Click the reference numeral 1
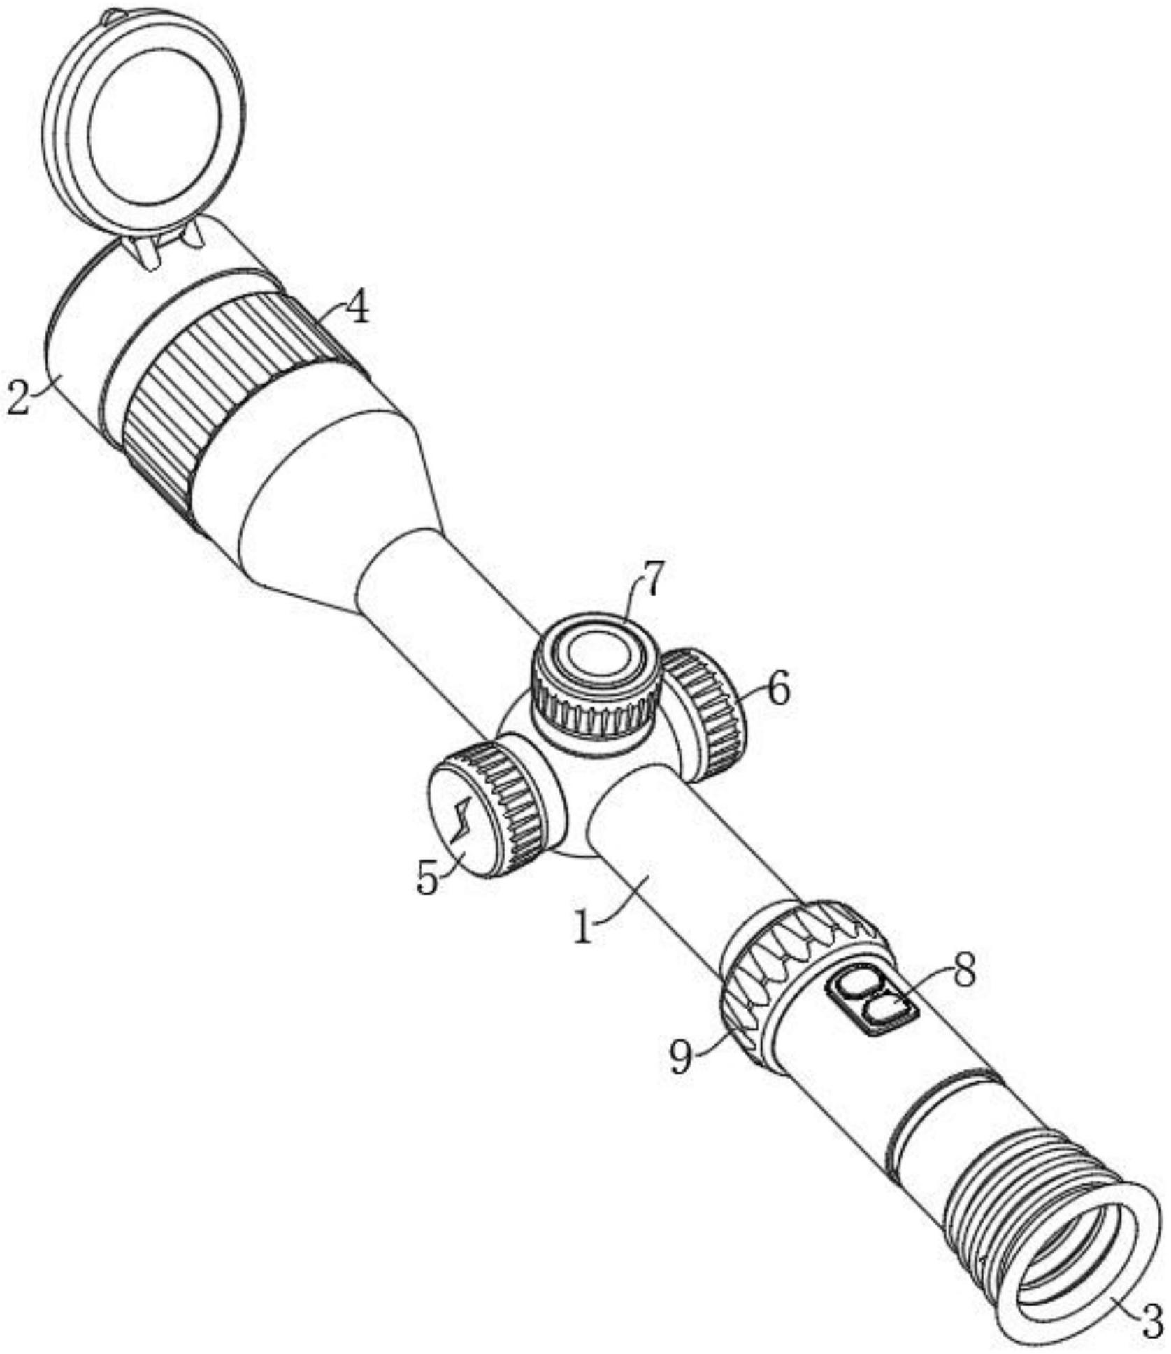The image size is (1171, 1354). coord(582,927)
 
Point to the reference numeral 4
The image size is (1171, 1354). coord(358,307)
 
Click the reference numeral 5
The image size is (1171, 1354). coord(427,877)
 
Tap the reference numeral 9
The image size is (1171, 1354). coord(682,1058)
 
